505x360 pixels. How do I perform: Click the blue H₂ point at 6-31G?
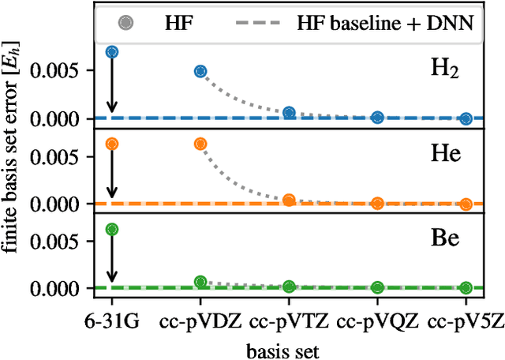[112, 52]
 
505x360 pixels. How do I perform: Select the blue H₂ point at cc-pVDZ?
[200, 71]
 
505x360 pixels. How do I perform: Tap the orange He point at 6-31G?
[112, 144]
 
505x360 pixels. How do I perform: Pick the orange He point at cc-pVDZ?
[200, 144]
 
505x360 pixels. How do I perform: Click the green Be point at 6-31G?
[112, 229]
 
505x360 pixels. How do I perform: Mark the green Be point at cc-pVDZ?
[200, 282]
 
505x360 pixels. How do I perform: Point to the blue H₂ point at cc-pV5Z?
[466, 119]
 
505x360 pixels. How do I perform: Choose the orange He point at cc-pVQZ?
[377, 203]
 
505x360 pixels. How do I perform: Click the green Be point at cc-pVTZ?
[289, 287]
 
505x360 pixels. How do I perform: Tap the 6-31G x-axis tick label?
[112, 324]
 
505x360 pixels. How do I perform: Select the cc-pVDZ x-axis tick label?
[200, 324]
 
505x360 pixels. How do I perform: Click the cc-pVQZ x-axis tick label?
[377, 324]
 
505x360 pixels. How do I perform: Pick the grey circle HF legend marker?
[125, 24]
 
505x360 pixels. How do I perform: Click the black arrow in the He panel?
[112, 172]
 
